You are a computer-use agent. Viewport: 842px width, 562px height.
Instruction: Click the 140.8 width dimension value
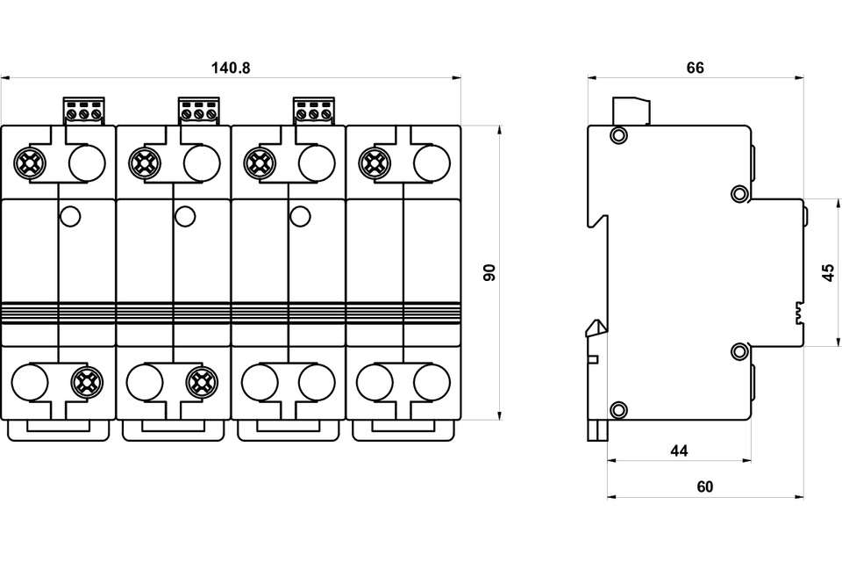coord(231,68)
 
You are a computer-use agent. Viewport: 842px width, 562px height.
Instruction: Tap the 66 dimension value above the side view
coord(696,68)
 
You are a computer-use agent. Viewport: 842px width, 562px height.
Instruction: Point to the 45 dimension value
coord(828,272)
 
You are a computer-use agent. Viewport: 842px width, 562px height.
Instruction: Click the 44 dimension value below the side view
coord(678,451)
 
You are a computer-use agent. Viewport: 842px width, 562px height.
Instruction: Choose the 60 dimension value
coord(705,486)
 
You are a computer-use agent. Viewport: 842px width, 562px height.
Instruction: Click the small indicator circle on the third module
coord(299,214)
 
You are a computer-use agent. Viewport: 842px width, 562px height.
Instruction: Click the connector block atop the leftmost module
coord(83,111)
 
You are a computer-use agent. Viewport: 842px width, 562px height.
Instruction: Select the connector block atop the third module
coord(313,111)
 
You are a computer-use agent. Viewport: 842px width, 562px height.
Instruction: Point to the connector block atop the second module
coord(198,111)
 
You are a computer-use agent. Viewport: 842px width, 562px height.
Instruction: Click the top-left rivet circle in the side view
coord(618,135)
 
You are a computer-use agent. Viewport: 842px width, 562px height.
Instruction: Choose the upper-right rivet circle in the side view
coord(739,193)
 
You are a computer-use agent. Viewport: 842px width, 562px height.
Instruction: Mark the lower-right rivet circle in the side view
coord(739,351)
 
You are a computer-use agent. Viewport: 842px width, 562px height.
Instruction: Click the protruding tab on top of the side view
coord(631,111)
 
